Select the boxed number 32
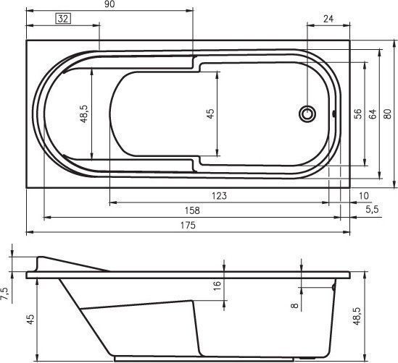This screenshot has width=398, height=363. [x=62, y=20]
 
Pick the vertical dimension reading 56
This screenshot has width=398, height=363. [x=357, y=114]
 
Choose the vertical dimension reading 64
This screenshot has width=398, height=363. [x=371, y=114]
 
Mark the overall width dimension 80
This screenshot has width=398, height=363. [x=388, y=114]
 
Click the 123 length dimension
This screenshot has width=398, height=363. [x=220, y=196]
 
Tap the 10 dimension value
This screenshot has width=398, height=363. [x=363, y=196]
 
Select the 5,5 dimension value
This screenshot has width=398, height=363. [x=372, y=210]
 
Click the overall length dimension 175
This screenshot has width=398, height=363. [x=187, y=225]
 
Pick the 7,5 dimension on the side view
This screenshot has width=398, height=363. [x=5, y=292]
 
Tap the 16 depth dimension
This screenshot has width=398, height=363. [x=217, y=286]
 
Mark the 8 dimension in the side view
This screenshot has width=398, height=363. [x=294, y=305]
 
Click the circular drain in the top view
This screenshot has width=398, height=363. [x=308, y=114]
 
